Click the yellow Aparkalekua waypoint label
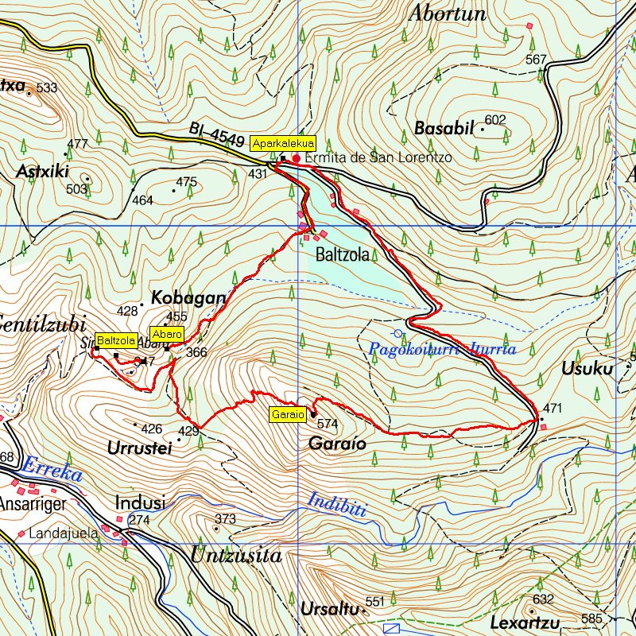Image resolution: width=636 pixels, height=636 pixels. click(x=283, y=143)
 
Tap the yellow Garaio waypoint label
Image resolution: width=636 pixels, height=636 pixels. click(x=288, y=414)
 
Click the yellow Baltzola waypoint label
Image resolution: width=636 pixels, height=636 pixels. click(x=116, y=340)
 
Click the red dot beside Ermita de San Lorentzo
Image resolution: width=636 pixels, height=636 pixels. click(x=297, y=158)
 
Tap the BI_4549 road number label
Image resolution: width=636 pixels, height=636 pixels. click(x=217, y=134)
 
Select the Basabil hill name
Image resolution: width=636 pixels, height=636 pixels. click(x=444, y=128)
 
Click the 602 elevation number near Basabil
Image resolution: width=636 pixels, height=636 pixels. click(x=494, y=120)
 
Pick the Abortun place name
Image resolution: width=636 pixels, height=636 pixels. click(x=446, y=14)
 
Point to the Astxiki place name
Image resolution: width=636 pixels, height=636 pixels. click(x=43, y=172)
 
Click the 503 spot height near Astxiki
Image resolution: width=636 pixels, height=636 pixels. click(x=76, y=188)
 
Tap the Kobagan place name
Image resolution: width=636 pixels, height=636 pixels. click(x=188, y=297)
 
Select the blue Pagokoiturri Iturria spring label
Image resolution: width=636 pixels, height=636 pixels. click(x=443, y=349)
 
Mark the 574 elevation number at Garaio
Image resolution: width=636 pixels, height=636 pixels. click(x=328, y=424)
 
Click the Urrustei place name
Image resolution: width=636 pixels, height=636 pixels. click(x=139, y=448)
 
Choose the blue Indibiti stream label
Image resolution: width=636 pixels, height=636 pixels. click(x=337, y=505)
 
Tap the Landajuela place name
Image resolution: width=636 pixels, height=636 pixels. click(x=63, y=533)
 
